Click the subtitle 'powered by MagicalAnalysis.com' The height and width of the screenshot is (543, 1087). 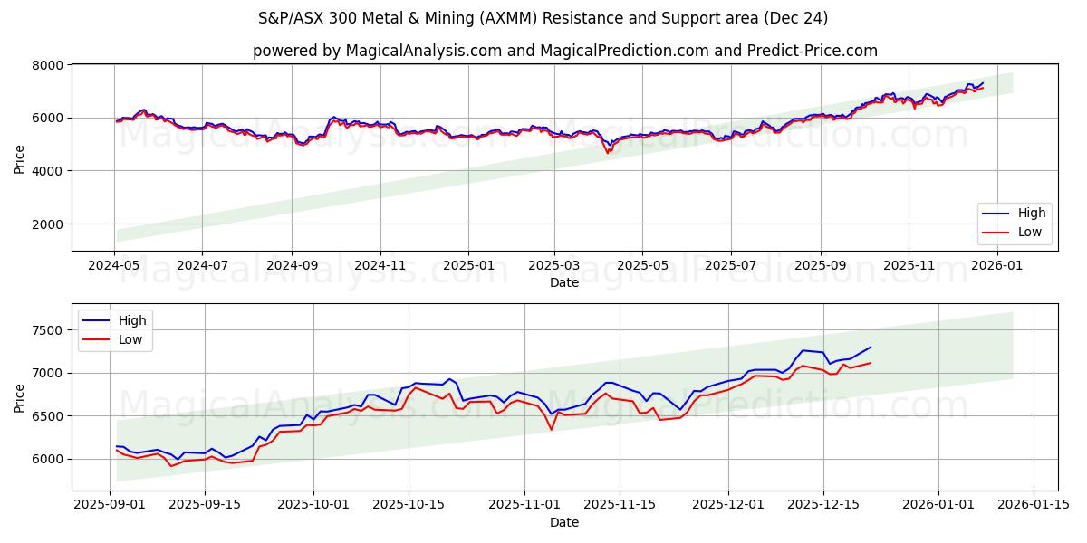pos(564,51)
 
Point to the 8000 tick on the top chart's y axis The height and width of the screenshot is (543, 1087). pos(49,65)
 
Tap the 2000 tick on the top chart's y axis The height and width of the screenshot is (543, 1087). pos(49,224)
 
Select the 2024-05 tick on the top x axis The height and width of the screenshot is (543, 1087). pos(114,265)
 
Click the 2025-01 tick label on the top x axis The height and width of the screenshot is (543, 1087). pos(467,265)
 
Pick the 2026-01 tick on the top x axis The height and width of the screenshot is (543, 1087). pos(997,265)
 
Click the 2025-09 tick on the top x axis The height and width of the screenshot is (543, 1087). pos(821,265)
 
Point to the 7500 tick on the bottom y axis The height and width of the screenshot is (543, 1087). pos(49,330)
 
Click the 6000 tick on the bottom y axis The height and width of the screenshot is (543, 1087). pos(49,459)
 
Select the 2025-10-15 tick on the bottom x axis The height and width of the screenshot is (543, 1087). pos(408,505)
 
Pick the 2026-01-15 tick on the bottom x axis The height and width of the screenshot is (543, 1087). pos(1033,505)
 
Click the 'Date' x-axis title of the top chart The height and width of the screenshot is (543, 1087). pos(564,282)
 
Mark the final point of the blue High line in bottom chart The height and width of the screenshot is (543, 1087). pos(871,347)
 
